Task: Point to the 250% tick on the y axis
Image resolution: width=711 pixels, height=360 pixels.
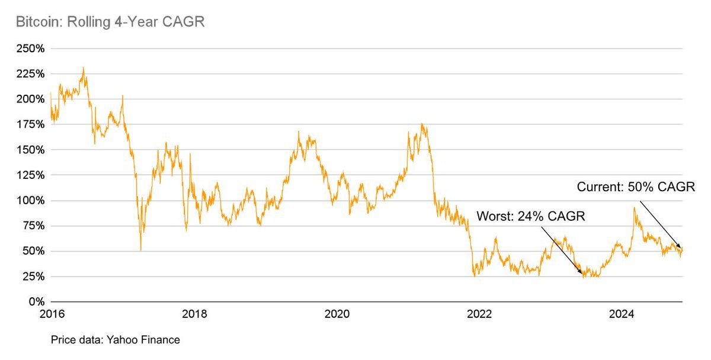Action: (x=30, y=49)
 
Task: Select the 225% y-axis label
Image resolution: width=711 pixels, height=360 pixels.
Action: (x=30, y=74)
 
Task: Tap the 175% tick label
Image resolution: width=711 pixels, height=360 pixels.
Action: (x=30, y=124)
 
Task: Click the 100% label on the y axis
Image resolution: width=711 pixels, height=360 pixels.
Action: (x=30, y=201)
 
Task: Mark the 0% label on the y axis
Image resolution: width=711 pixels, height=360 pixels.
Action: (x=34, y=302)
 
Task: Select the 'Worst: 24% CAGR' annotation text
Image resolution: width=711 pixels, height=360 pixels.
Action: (x=531, y=217)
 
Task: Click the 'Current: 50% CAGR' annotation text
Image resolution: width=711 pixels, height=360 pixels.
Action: (x=636, y=188)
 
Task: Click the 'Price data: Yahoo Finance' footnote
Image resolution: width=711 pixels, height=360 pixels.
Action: (x=115, y=340)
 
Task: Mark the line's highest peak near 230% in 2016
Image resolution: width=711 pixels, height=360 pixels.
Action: (x=84, y=68)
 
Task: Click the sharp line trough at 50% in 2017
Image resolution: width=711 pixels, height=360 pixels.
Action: (x=140, y=250)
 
